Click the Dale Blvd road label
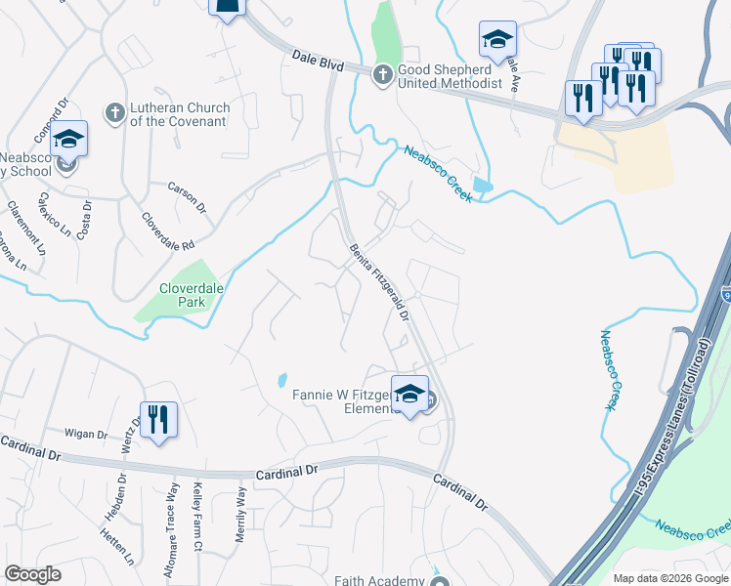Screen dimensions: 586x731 [x=319, y=64]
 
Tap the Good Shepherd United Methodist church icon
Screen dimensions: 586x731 [x=382, y=73]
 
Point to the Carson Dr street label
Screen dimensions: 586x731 [x=187, y=197]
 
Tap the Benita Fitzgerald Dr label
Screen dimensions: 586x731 [x=379, y=279]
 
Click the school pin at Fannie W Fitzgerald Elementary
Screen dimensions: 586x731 [x=410, y=395]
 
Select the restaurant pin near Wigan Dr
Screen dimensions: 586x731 [x=158, y=421]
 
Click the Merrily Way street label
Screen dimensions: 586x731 [x=240, y=507]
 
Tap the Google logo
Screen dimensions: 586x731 [x=32, y=574]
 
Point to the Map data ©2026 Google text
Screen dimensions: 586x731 [x=670, y=578]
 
